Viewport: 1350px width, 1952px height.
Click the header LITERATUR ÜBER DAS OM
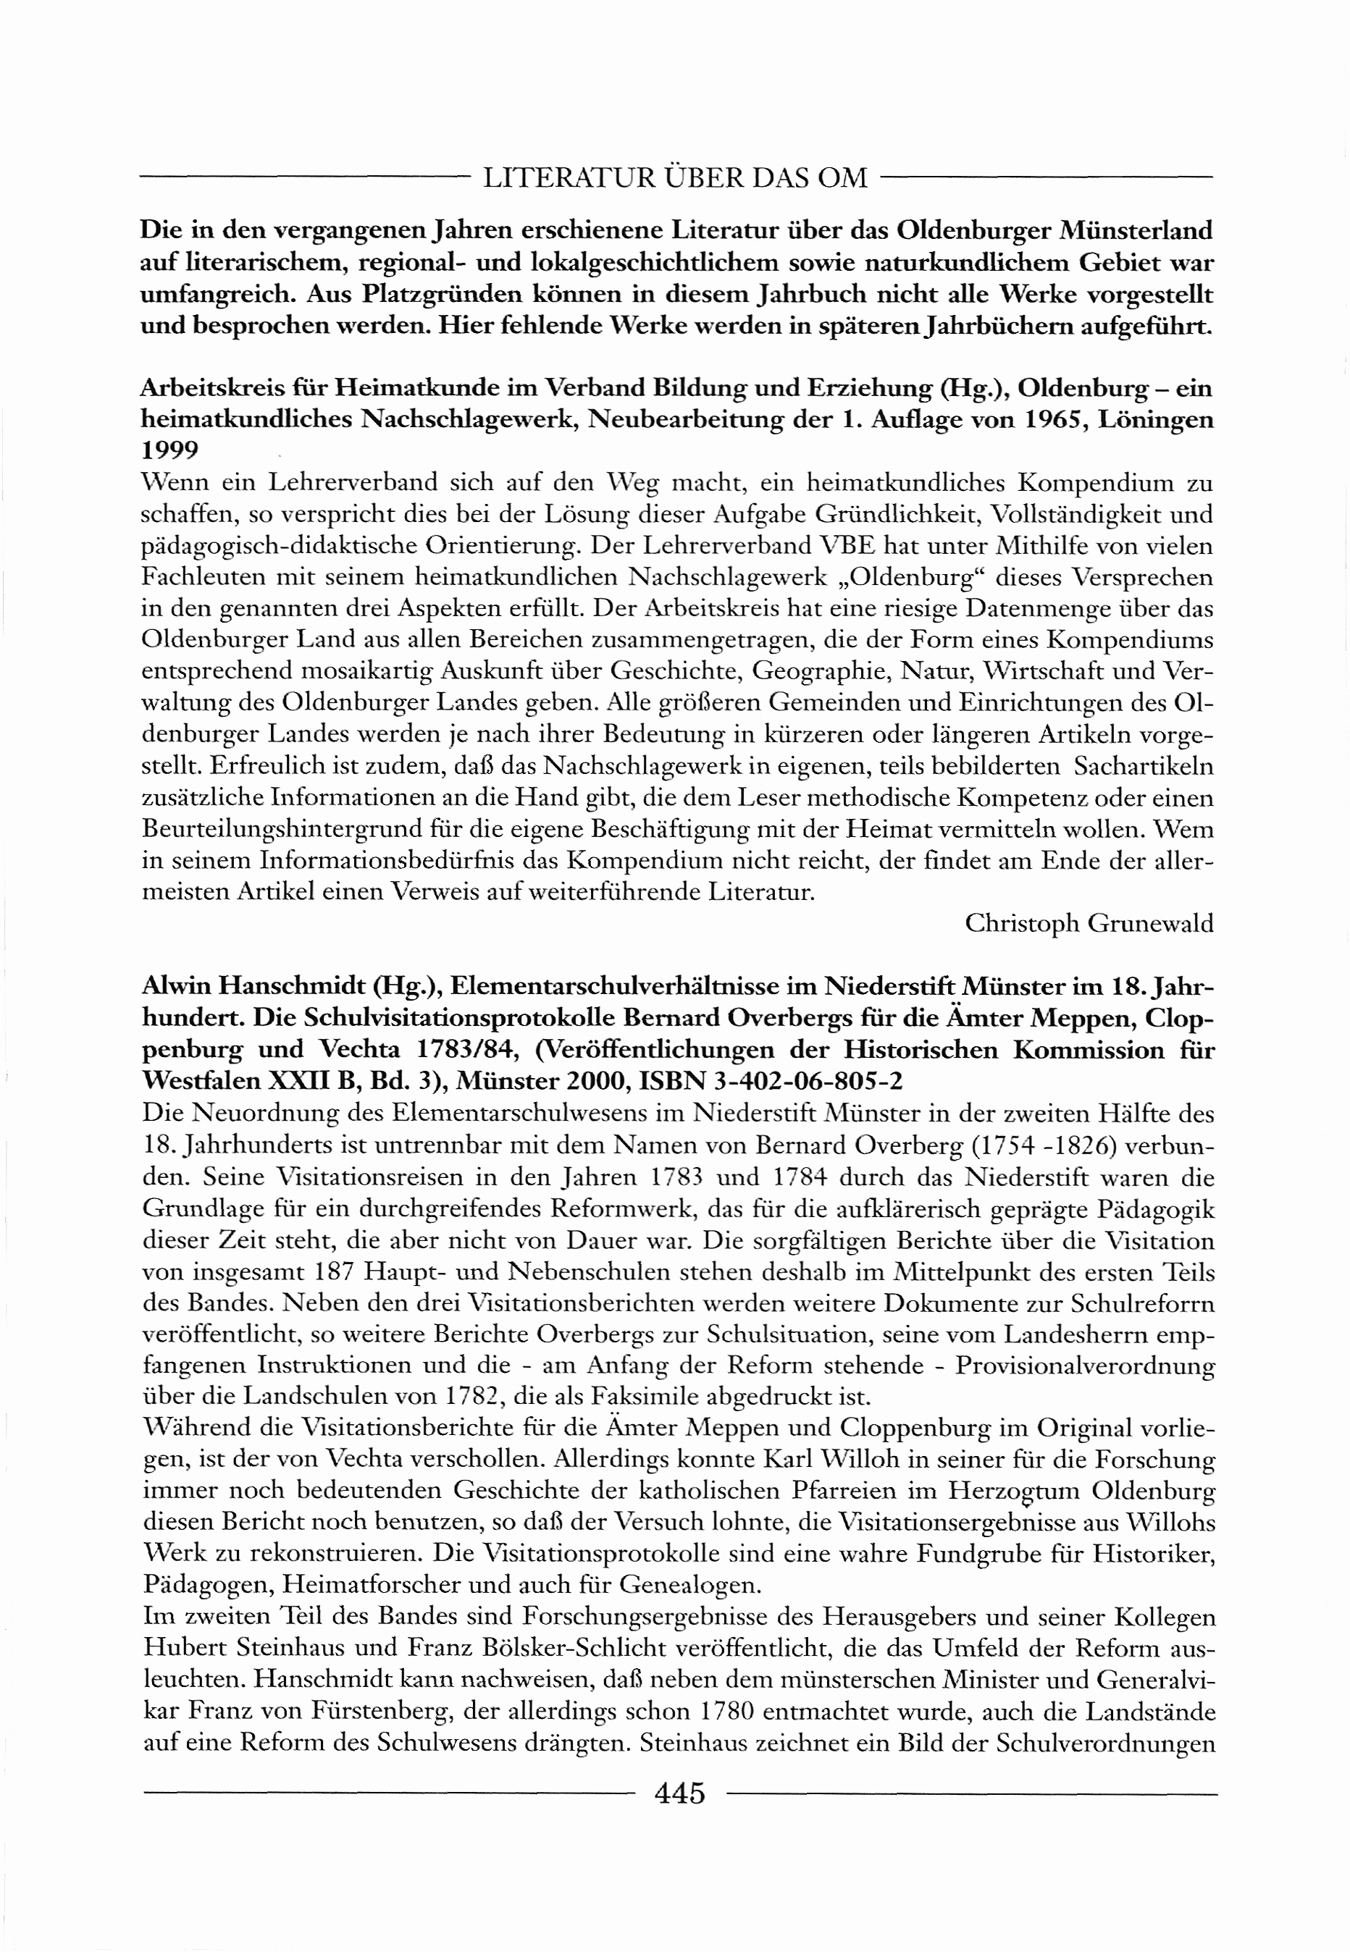coord(675,178)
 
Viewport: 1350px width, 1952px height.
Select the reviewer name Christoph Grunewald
coord(1089,923)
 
